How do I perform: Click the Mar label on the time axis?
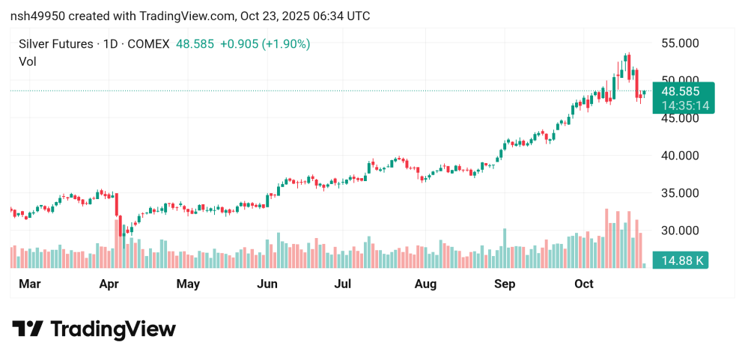tap(29, 284)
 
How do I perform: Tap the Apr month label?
tap(109, 284)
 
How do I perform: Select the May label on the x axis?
tap(188, 284)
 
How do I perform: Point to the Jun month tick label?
tap(267, 284)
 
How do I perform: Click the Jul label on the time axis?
tap(343, 284)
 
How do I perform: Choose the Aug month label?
tap(425, 284)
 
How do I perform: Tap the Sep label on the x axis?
tap(505, 284)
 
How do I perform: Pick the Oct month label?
tap(583, 284)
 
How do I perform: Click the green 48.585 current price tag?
tap(682, 91)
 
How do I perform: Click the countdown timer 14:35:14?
tap(682, 106)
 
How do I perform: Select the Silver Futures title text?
tap(55, 44)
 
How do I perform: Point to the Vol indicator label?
tap(27, 61)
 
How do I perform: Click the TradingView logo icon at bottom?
tap(28, 329)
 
